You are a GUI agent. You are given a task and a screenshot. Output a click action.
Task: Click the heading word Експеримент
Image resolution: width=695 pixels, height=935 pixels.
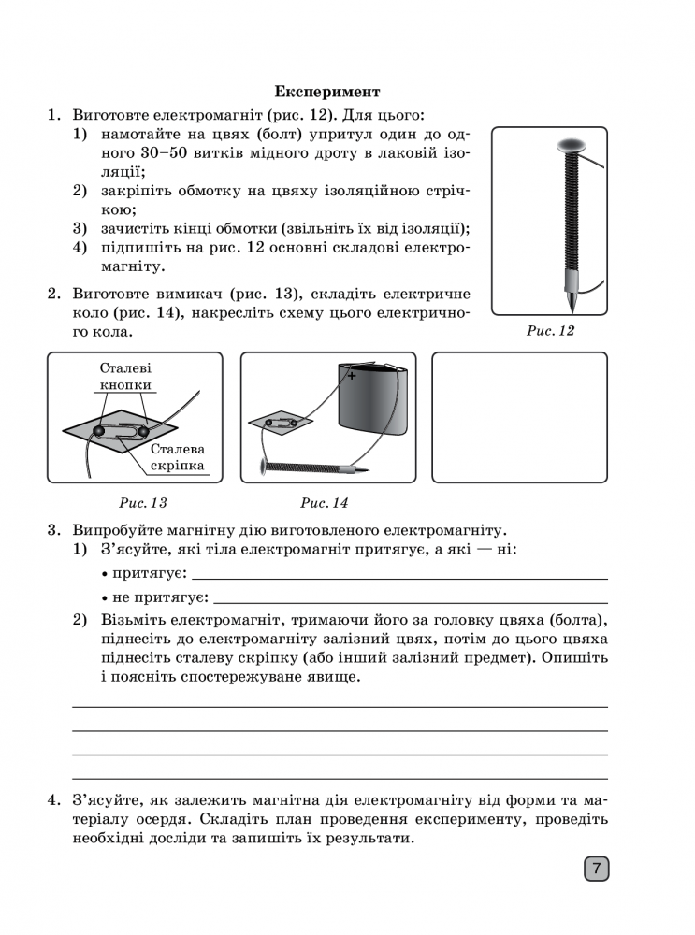pyautogui.click(x=327, y=92)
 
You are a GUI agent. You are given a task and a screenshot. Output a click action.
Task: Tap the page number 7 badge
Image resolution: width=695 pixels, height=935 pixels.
pyautogui.click(x=596, y=869)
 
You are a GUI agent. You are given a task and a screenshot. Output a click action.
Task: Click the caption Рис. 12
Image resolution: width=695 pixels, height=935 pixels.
pyautogui.click(x=550, y=331)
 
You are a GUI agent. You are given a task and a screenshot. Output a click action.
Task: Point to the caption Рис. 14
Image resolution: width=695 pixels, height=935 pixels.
pyautogui.click(x=324, y=503)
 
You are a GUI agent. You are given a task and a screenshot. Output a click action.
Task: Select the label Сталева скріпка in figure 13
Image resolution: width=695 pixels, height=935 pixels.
pyautogui.click(x=178, y=457)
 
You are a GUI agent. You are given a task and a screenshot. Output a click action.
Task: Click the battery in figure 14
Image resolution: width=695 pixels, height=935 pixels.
pyautogui.click(x=373, y=402)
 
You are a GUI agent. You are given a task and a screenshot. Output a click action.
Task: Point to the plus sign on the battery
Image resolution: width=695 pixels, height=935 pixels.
pyautogui.click(x=353, y=376)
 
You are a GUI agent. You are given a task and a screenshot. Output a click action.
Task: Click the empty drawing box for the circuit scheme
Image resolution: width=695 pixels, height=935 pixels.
pyautogui.click(x=519, y=417)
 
